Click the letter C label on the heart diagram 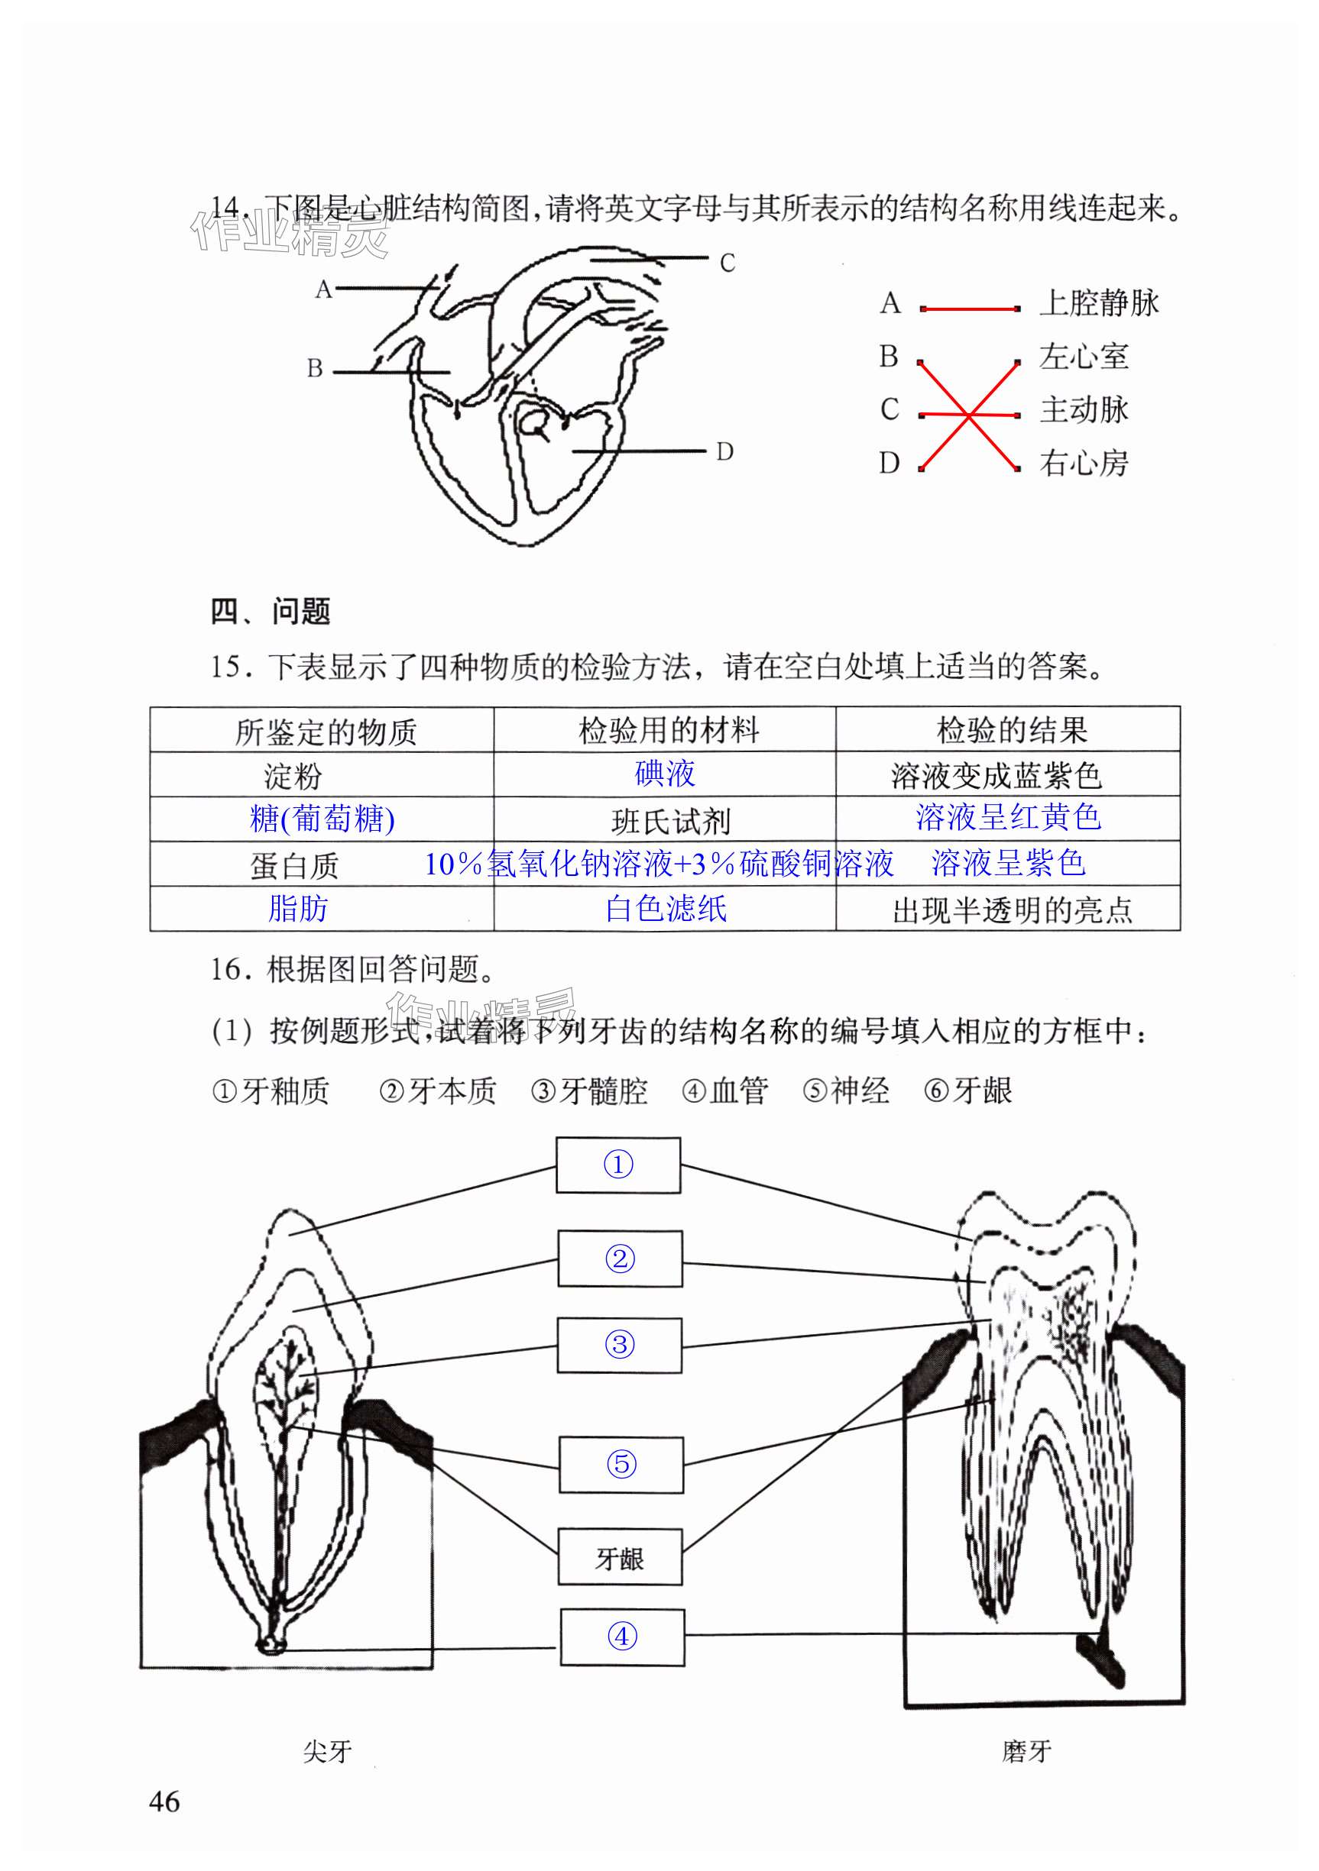(728, 263)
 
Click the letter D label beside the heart (724, 451)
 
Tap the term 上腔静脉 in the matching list (1098, 303)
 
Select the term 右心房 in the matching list (1084, 464)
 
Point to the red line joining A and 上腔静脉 (969, 309)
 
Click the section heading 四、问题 (270, 611)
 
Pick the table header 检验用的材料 (669, 730)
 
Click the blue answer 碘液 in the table (665, 773)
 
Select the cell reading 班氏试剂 (670, 822)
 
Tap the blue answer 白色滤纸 (666, 909)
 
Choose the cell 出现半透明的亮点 (1012, 910)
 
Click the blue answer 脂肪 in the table (297, 909)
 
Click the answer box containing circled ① (618, 1165)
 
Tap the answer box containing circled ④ (621, 1637)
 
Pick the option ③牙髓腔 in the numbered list (588, 1091)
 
